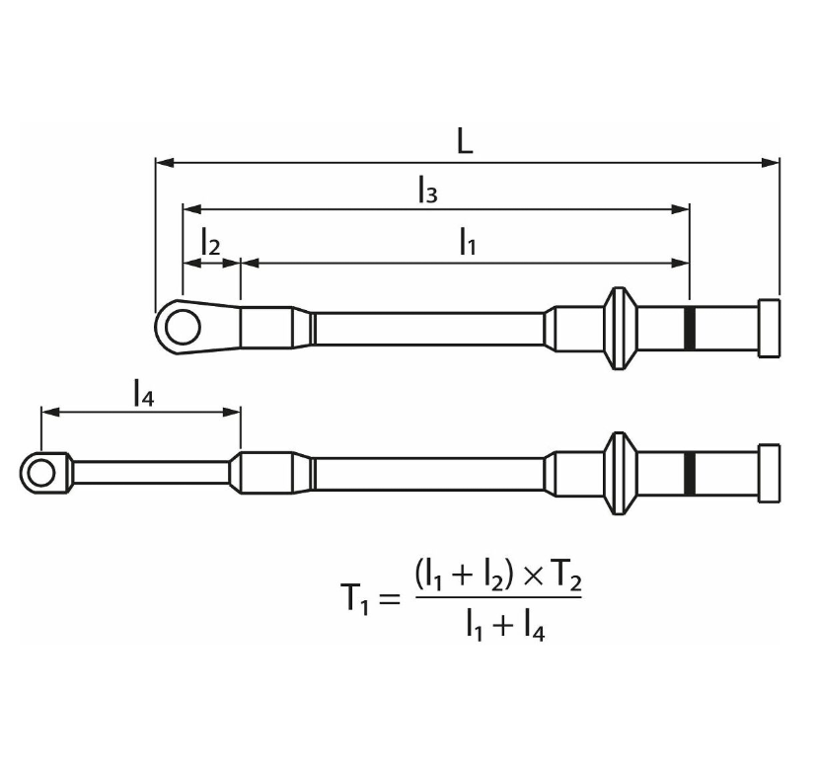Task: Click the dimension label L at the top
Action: (465, 141)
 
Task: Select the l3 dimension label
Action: (428, 191)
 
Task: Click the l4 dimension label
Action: (143, 393)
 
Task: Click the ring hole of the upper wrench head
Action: (183, 327)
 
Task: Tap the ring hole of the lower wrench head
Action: (40, 474)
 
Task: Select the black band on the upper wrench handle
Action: (690, 329)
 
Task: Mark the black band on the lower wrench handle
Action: (690, 474)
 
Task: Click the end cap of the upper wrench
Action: (769, 329)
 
